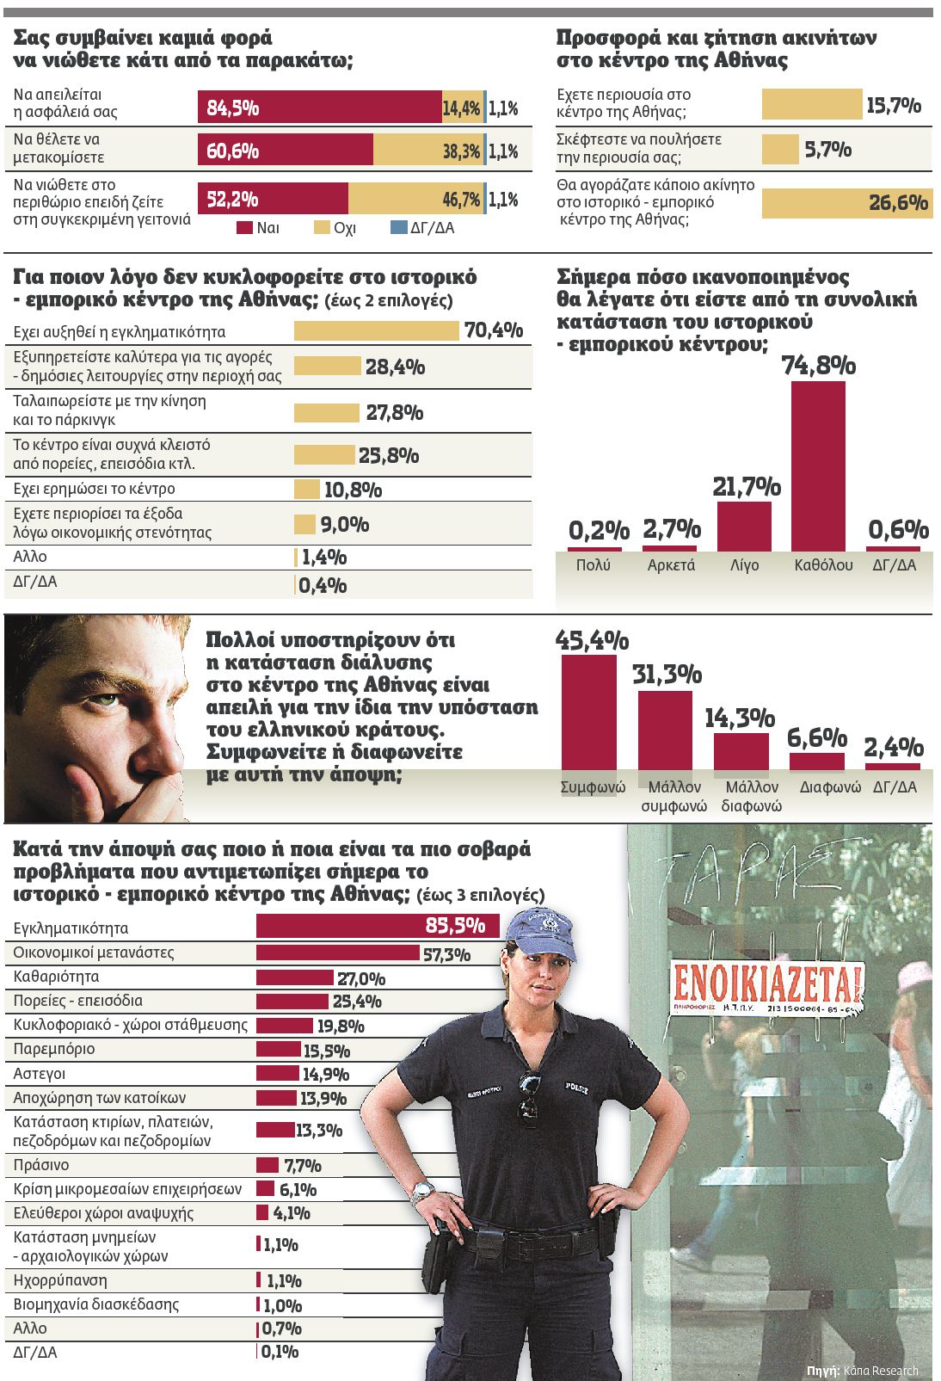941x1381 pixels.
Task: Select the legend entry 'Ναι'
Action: pyautogui.click(x=258, y=228)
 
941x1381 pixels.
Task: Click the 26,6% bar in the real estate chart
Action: pyautogui.click(x=846, y=203)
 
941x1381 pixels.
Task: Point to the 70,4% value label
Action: pyautogui.click(x=494, y=330)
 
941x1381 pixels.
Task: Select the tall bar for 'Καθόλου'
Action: pyautogui.click(x=818, y=465)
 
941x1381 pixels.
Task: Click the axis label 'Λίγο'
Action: pyautogui.click(x=744, y=565)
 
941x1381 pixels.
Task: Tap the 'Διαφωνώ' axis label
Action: pyautogui.click(x=830, y=787)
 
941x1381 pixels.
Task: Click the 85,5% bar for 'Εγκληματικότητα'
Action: pyautogui.click(x=378, y=926)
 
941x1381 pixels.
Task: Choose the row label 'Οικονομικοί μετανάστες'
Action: pyautogui.click(x=94, y=953)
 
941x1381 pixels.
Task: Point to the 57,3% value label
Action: pyautogui.click(x=446, y=954)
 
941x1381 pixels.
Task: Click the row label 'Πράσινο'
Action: pyautogui.click(x=41, y=1165)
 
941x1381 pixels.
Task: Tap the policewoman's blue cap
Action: pyautogui.click(x=539, y=937)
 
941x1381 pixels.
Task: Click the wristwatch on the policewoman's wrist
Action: pyautogui.click(x=422, y=1192)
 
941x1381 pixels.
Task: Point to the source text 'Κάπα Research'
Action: pyautogui.click(x=881, y=1371)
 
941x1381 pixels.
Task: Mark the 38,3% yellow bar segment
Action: pyautogui.click(x=427, y=151)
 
